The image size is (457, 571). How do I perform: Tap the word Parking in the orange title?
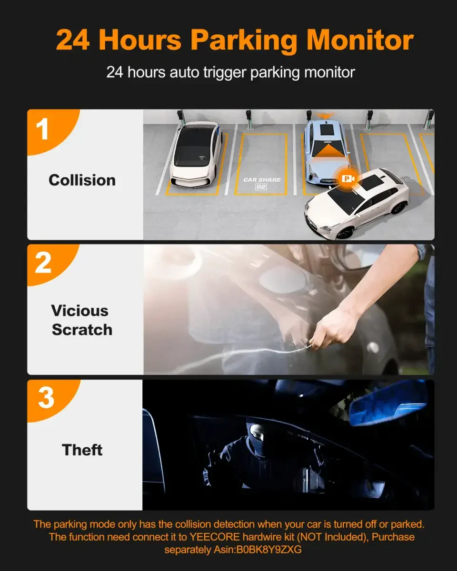(x=244, y=41)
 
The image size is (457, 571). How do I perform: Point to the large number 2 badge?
(x=43, y=262)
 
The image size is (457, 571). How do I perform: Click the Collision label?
(x=82, y=180)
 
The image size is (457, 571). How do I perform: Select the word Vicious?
(x=79, y=310)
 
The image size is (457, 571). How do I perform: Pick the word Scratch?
(x=82, y=330)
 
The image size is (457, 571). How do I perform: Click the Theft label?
(x=82, y=450)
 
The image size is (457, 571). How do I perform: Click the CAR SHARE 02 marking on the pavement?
(x=261, y=183)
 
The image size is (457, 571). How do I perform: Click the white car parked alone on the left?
(x=197, y=155)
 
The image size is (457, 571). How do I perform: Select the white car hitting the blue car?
(x=357, y=203)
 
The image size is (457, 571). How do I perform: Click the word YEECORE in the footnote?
(x=214, y=537)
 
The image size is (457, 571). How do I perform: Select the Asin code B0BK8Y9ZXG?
(x=269, y=549)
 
